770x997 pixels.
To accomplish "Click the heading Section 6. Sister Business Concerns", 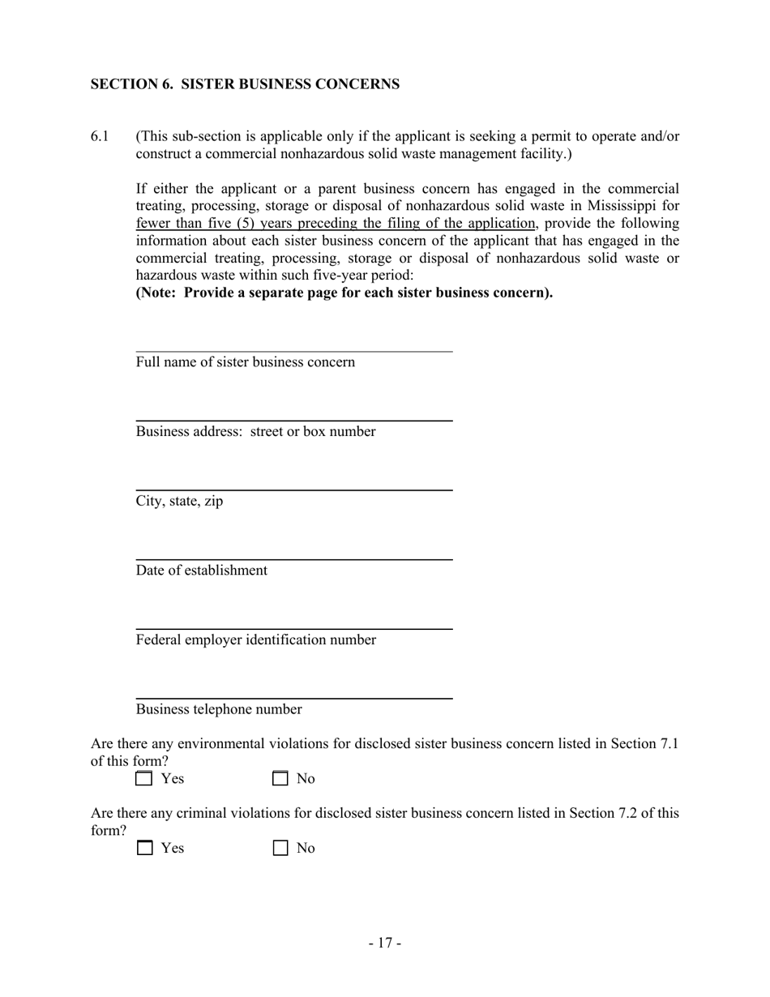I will coord(244,84).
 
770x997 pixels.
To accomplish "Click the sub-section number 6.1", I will coord(100,136).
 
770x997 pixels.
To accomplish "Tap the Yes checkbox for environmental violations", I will coord(144,779).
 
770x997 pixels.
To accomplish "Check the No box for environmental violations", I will coord(280,779).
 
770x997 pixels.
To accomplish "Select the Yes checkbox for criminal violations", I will coord(144,849).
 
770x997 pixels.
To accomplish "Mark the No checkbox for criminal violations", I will coord(280,849).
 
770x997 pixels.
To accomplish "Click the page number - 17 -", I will coord(385,943).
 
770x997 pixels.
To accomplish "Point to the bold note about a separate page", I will coord(344,293).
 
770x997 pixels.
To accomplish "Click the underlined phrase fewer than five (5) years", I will coord(216,224).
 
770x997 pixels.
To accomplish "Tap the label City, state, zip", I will coord(179,501).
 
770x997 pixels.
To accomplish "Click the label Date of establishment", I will coord(201,571).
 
